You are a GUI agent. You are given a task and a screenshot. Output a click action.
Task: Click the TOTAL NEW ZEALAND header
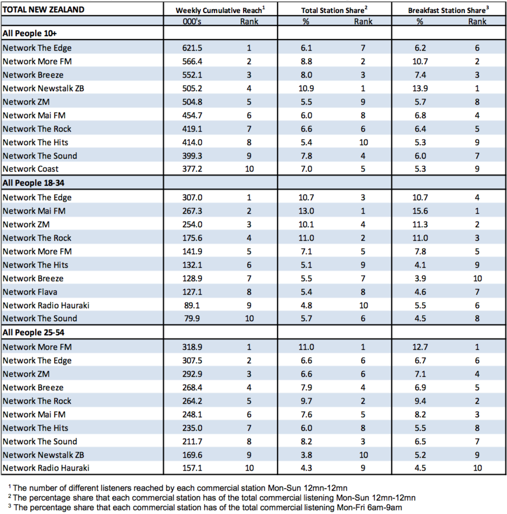coord(43,10)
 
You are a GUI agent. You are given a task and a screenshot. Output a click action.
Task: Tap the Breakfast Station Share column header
coord(448,10)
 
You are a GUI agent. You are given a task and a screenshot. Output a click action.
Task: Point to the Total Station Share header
coord(334,10)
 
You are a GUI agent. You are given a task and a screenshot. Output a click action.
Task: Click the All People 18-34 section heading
coord(33,183)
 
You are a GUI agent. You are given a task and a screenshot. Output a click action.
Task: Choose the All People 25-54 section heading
coord(33,333)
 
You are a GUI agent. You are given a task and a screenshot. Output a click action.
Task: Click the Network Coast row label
coord(30,169)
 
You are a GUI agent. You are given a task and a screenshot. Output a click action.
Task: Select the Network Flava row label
coord(30,292)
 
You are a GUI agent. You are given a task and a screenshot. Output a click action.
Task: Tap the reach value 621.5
coord(192,48)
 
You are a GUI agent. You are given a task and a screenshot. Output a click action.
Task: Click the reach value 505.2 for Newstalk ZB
coord(192,89)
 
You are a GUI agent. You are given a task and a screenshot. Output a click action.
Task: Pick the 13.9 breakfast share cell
coord(420,89)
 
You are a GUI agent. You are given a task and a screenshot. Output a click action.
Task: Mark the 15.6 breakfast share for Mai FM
coord(420,211)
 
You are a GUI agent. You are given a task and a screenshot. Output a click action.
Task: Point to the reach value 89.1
coord(192,306)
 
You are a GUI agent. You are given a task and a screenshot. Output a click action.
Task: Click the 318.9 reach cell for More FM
coord(192,347)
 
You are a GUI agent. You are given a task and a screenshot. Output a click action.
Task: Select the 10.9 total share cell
coord(306,89)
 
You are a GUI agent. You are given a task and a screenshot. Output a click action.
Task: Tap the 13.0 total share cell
coord(306,211)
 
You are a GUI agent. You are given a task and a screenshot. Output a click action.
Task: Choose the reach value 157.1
coord(192,468)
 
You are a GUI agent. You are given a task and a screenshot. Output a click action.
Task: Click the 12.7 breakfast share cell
coord(420,347)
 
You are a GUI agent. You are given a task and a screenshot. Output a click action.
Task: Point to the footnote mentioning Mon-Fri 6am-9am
coord(205,508)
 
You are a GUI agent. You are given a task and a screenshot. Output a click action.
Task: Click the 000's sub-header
coord(192,22)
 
